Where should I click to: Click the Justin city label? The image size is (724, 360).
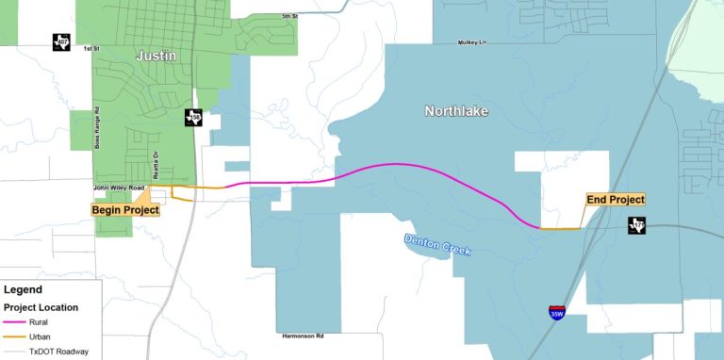click(156, 56)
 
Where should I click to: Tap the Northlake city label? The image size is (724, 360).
click(456, 111)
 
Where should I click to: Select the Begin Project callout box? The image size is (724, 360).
click(125, 209)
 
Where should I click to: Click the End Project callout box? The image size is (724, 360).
click(615, 200)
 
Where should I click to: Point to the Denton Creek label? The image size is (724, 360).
click(436, 245)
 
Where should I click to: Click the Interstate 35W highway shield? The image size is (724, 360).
click(557, 313)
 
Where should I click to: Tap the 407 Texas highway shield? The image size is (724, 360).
click(60, 42)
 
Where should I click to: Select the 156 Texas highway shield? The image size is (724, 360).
click(193, 118)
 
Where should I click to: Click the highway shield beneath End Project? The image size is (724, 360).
click(637, 225)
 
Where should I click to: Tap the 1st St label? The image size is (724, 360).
click(91, 48)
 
